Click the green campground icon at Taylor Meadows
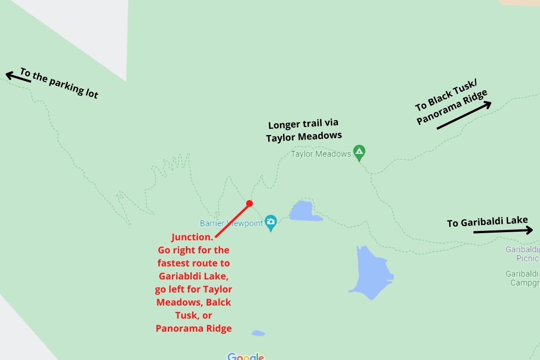coord(359,153)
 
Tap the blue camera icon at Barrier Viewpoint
coord(270,221)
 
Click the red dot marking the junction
coord(250,203)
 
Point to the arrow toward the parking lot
coord(18,77)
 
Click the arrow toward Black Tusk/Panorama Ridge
coord(463,116)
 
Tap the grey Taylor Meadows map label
coord(321,154)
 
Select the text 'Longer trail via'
coord(303,124)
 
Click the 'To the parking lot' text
coord(59,83)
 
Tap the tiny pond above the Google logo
coord(258,333)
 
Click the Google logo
coord(246,357)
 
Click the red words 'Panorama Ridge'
coord(193,328)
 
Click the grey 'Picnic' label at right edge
coord(527,258)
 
